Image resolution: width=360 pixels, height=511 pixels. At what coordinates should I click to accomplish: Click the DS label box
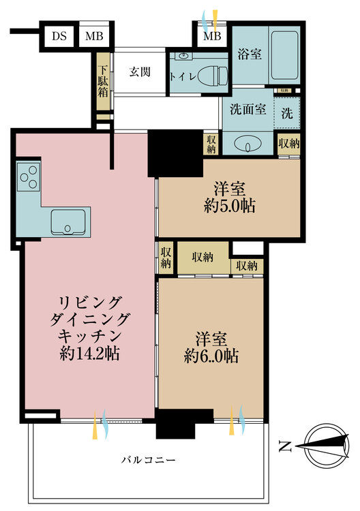click(59, 36)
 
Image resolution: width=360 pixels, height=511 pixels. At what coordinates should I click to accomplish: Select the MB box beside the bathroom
click(212, 36)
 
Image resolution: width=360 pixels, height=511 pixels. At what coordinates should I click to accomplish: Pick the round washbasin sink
click(246, 144)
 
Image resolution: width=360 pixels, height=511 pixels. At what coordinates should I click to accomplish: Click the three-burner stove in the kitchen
click(28, 179)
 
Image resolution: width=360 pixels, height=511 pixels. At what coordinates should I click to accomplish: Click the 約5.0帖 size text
click(229, 206)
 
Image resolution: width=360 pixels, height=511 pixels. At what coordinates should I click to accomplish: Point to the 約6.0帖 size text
click(211, 356)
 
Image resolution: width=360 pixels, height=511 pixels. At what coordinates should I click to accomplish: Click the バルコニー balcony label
click(147, 461)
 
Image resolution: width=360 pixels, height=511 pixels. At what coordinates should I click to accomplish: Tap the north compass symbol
click(321, 446)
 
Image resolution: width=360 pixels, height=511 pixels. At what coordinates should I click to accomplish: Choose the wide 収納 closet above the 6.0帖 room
click(202, 257)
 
